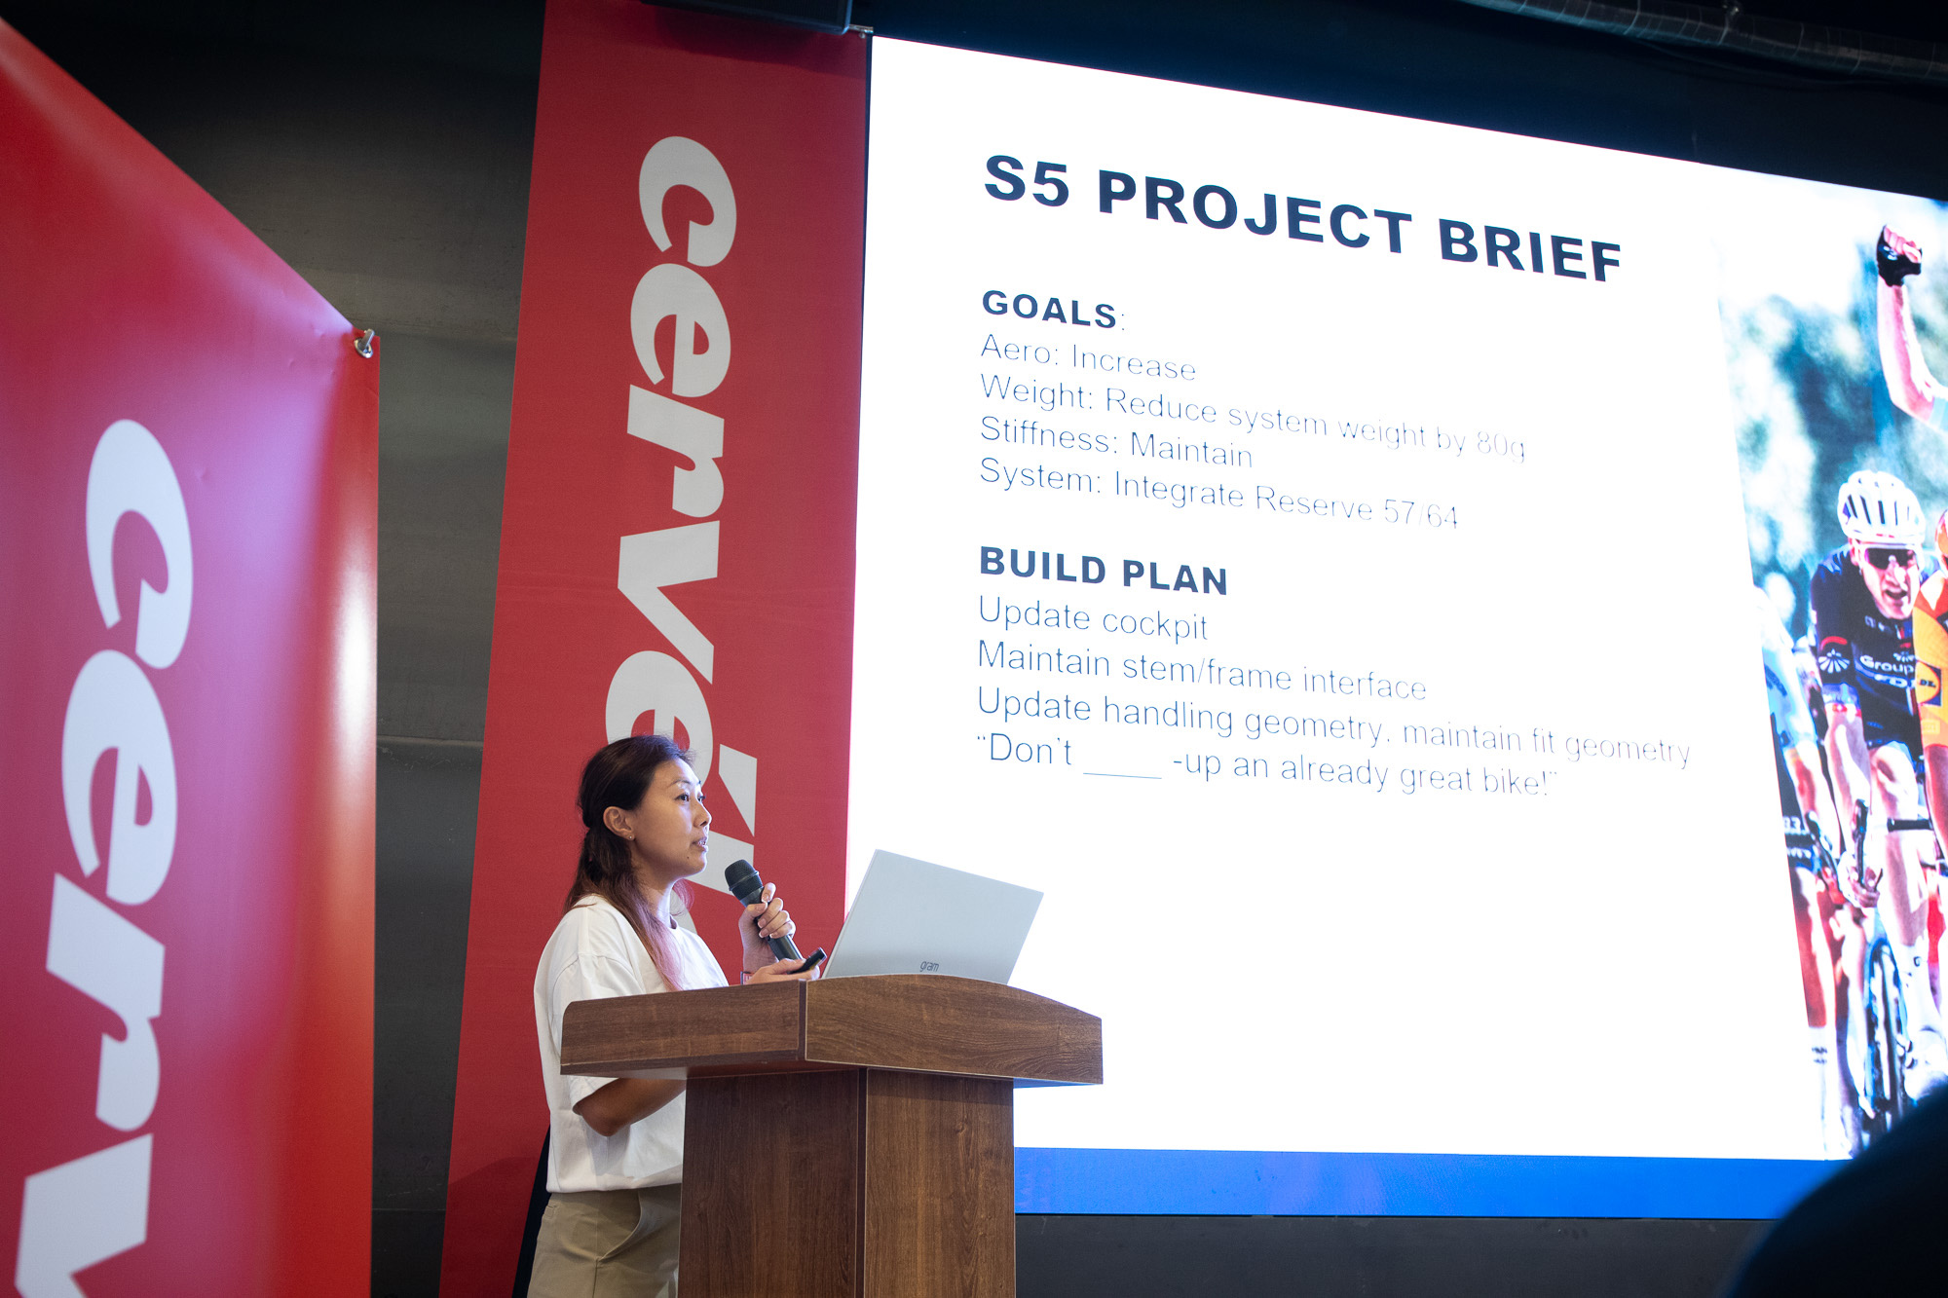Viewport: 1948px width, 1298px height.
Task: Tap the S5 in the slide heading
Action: coord(1027,181)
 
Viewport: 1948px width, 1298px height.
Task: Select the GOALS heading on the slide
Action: coord(1049,309)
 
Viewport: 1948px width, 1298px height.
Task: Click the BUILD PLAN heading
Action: coord(1103,571)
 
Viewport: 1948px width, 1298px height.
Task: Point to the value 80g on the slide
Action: coord(1500,443)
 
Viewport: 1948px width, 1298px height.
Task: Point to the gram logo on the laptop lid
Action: coord(929,966)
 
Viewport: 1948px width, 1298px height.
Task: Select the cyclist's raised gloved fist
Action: coord(1898,255)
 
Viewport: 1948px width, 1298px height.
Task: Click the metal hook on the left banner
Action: coord(365,343)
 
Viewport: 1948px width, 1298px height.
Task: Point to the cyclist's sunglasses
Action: coord(1890,558)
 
